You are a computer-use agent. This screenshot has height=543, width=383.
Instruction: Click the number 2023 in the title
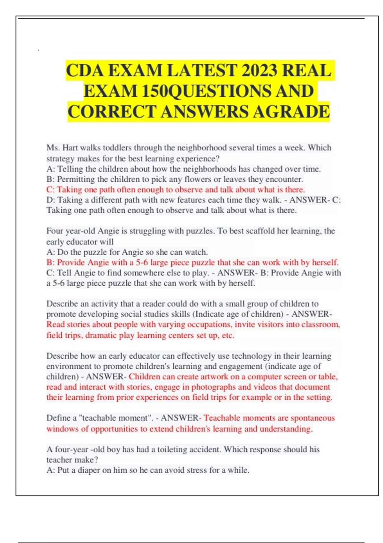[x=259, y=71]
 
